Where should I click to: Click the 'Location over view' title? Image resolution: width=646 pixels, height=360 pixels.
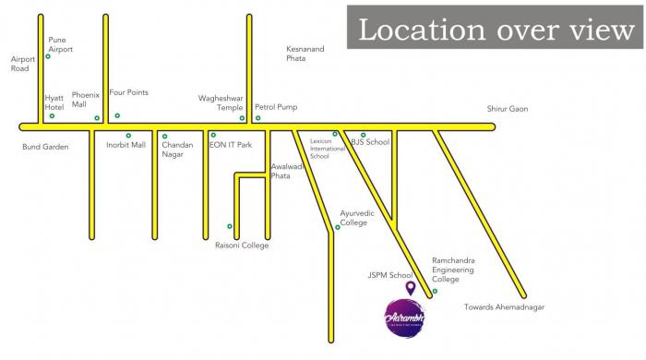tap(496, 30)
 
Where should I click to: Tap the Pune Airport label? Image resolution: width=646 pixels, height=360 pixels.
tap(60, 45)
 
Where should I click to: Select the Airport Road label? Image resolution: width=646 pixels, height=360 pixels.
tap(22, 64)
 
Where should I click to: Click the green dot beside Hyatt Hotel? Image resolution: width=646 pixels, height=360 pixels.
tap(52, 115)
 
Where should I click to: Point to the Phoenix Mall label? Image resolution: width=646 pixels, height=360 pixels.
tap(85, 99)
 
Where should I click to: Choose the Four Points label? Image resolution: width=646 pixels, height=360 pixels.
tap(128, 92)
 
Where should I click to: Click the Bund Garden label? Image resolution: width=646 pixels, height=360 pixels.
tap(45, 147)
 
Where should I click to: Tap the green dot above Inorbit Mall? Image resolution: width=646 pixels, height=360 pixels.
tap(128, 136)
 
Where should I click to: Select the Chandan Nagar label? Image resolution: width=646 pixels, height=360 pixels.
tap(177, 150)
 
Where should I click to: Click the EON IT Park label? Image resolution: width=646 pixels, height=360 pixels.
tap(231, 145)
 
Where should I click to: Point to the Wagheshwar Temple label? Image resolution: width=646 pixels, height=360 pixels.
tap(221, 102)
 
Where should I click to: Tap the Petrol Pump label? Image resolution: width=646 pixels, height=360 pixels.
tap(276, 107)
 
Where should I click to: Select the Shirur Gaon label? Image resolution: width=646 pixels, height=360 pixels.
tap(508, 109)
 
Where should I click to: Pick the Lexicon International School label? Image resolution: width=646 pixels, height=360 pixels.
tap(319, 149)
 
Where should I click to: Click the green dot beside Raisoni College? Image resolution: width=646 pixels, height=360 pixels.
tap(230, 226)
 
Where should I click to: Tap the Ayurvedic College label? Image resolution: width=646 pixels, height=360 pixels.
tap(357, 218)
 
